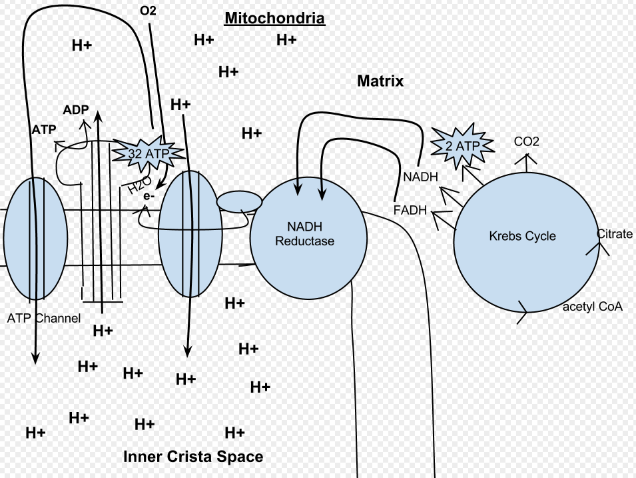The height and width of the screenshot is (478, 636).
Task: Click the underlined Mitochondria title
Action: [x=274, y=18]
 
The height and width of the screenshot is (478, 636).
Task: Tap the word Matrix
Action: [x=380, y=81]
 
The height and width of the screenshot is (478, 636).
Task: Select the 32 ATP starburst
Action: [x=149, y=153]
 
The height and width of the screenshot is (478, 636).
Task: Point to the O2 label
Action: [x=148, y=11]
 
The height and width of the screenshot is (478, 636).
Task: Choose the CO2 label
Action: [x=527, y=141]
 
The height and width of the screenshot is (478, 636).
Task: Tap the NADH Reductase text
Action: [x=305, y=234]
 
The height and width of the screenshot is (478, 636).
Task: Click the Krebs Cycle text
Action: [x=522, y=236]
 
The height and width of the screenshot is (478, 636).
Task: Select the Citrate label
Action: [x=615, y=234]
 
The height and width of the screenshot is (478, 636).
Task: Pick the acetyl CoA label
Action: [x=593, y=307]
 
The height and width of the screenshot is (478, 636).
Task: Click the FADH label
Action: [x=410, y=209]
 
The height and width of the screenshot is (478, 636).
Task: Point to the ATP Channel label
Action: [x=44, y=319]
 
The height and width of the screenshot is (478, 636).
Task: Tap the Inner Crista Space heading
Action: [x=193, y=457]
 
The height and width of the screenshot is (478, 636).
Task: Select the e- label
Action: [x=149, y=196]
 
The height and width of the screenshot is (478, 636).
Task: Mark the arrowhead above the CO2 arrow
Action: [x=527, y=159]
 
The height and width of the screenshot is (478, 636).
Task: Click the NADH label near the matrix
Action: [x=421, y=177]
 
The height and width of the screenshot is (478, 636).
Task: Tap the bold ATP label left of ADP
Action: [x=44, y=129]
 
